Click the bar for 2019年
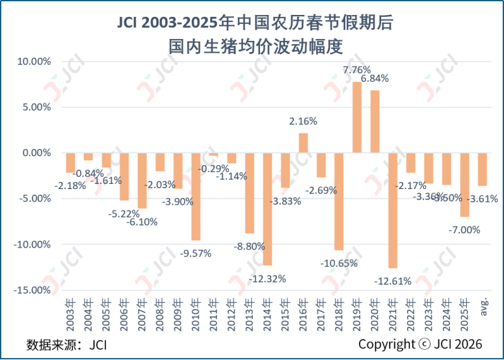tap(357, 118)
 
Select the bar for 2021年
tap(392, 211)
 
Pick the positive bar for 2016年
tap(303, 143)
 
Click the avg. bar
tap(482, 170)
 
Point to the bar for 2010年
tap(196, 197)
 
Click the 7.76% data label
tap(357, 70)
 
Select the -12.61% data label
tap(393, 281)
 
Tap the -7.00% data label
tap(464, 229)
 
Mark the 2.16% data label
tap(303, 121)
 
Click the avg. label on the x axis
tap(484, 307)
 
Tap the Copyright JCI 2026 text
tap(421, 344)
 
